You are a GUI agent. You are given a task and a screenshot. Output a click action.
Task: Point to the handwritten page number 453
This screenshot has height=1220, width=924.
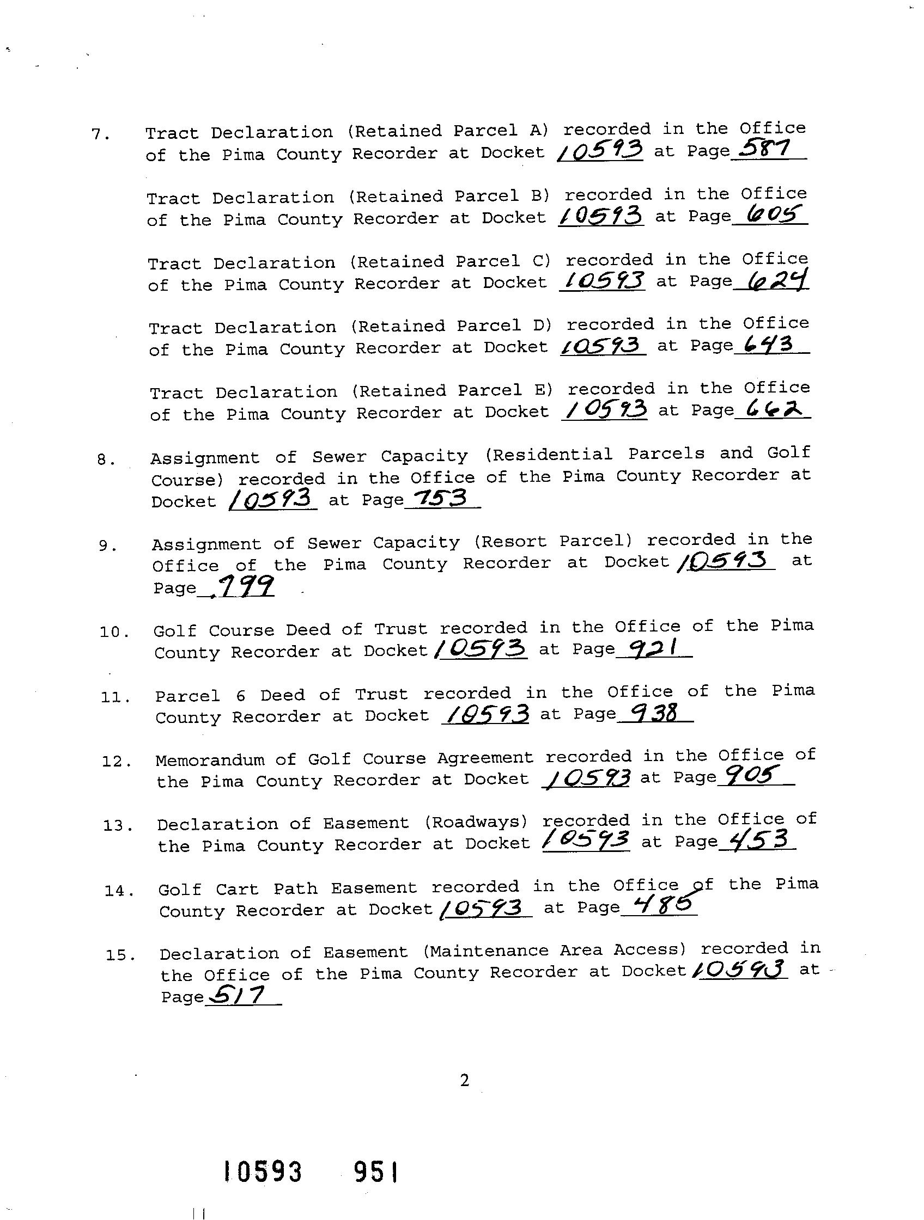coord(757,839)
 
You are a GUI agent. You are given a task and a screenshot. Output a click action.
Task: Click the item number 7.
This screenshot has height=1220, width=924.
coord(100,134)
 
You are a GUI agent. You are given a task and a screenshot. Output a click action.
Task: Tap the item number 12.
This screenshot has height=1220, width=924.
coord(117,762)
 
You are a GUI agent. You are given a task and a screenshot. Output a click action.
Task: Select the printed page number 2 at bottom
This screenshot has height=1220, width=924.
coord(464,1081)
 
